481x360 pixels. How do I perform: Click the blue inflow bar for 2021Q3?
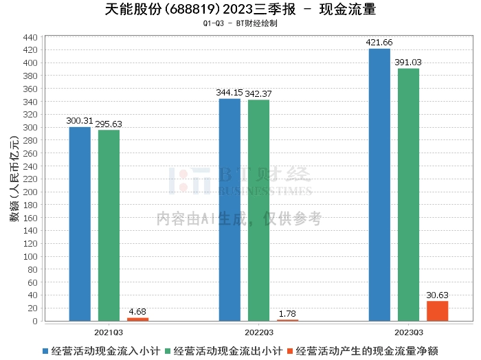pyautogui.click(x=80, y=224)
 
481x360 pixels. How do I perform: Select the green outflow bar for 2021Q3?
pyautogui.click(x=109, y=225)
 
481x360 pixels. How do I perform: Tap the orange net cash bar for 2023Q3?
pyautogui.click(x=437, y=311)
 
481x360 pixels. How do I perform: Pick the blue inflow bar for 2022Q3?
pyautogui.click(x=230, y=210)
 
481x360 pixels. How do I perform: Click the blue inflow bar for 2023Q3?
pyautogui.click(x=379, y=185)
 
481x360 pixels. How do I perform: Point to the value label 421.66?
pyautogui.click(x=379, y=43)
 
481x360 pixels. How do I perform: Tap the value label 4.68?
pyautogui.click(x=137, y=311)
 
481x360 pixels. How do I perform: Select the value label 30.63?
pyautogui.click(x=437, y=295)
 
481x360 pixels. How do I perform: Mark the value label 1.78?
pyautogui.click(x=287, y=313)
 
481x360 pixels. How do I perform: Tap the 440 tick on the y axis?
pyautogui.click(x=30, y=37)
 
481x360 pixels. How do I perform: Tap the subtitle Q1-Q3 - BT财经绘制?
pyautogui.click(x=240, y=23)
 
